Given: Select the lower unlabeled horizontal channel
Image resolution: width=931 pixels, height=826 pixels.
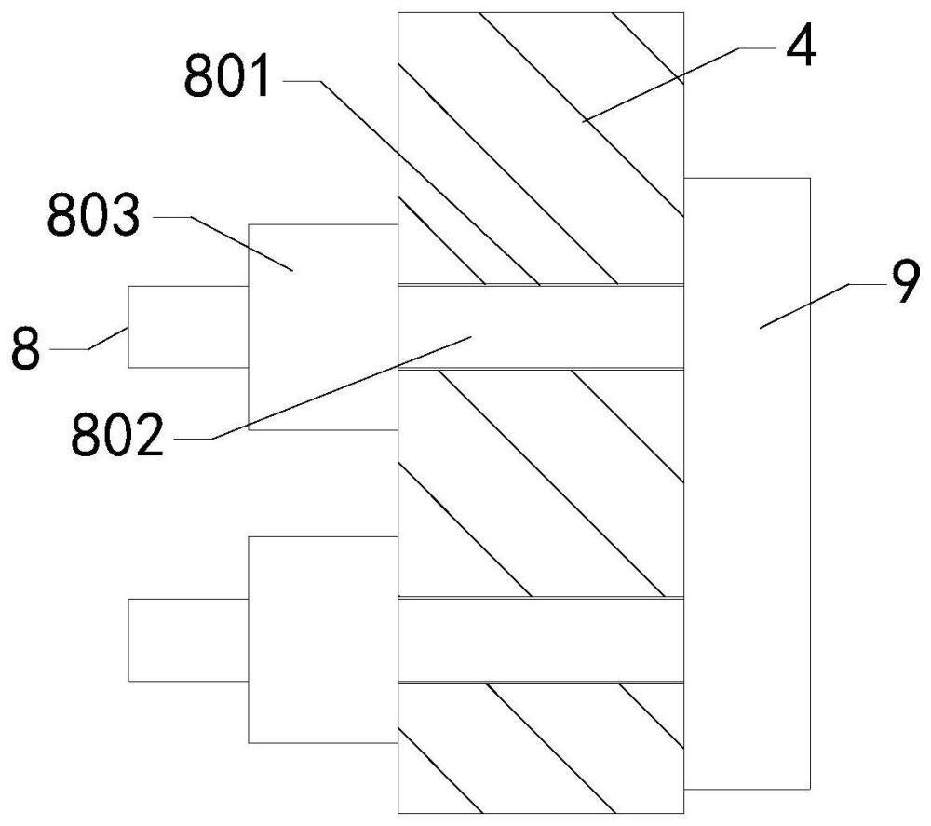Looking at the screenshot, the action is [x=540, y=640].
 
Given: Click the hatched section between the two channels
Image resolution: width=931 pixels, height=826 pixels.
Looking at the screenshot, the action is [x=540, y=484].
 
